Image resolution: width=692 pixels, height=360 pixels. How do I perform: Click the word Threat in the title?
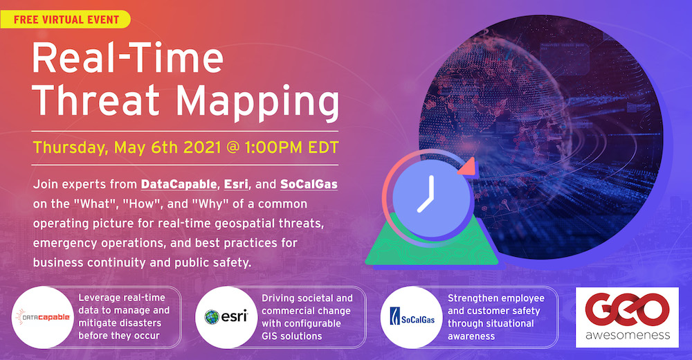96,100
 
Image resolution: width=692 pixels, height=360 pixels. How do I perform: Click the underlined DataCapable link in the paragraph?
179,184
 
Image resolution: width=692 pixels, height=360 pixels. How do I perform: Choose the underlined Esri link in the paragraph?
236,184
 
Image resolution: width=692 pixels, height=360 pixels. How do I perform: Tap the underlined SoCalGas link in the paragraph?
309,184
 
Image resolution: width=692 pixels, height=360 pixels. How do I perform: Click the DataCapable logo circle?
43,317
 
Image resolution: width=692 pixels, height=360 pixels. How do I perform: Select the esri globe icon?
212,316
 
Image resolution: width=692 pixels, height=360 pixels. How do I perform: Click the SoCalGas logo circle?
411,317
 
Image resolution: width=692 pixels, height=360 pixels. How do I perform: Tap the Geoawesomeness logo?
627,317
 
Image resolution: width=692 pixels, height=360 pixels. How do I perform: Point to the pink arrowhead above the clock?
467,167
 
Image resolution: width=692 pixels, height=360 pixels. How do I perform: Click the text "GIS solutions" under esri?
292,336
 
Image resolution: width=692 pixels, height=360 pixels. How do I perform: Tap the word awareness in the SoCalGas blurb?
471,336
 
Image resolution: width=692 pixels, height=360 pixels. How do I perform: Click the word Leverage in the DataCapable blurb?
99,298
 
